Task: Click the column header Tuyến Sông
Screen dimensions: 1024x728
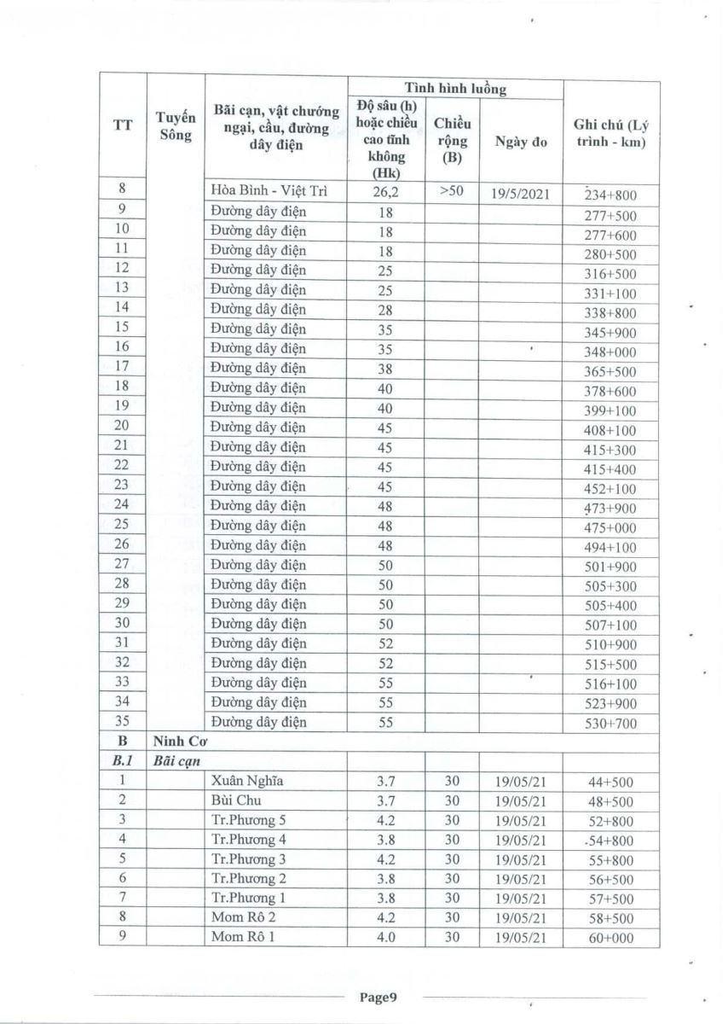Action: pos(176,126)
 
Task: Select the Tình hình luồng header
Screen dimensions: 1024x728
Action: pos(454,88)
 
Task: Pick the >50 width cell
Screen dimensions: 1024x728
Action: pos(452,191)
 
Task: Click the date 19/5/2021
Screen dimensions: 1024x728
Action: pos(520,194)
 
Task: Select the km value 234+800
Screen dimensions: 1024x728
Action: pos(610,195)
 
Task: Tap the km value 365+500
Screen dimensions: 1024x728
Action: pos(610,372)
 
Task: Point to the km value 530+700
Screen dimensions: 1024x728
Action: pos(610,724)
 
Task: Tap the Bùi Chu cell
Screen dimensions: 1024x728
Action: pos(234,800)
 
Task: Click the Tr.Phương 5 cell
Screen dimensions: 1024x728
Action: pos(248,820)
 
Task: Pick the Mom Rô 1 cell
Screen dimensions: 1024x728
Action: pos(243,938)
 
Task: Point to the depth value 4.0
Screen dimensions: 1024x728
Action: pos(388,938)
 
